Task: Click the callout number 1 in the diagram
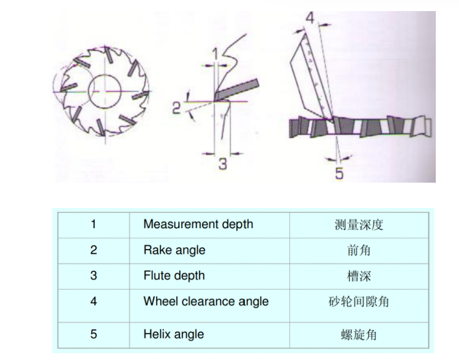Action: (x=215, y=54)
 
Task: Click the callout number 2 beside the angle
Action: (x=176, y=108)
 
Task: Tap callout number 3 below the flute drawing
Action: (x=223, y=164)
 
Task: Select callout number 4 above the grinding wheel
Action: (x=310, y=17)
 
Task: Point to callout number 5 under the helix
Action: (x=339, y=173)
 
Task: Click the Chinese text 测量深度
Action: (x=359, y=225)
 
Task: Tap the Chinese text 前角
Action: (x=359, y=250)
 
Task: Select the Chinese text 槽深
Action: (x=359, y=276)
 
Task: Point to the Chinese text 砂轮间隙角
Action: (x=359, y=302)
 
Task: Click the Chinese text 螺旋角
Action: (x=359, y=335)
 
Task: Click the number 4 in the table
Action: (x=93, y=301)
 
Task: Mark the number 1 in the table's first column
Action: (x=93, y=224)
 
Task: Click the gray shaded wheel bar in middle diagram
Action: (x=237, y=89)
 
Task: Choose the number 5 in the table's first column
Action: (x=93, y=334)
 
